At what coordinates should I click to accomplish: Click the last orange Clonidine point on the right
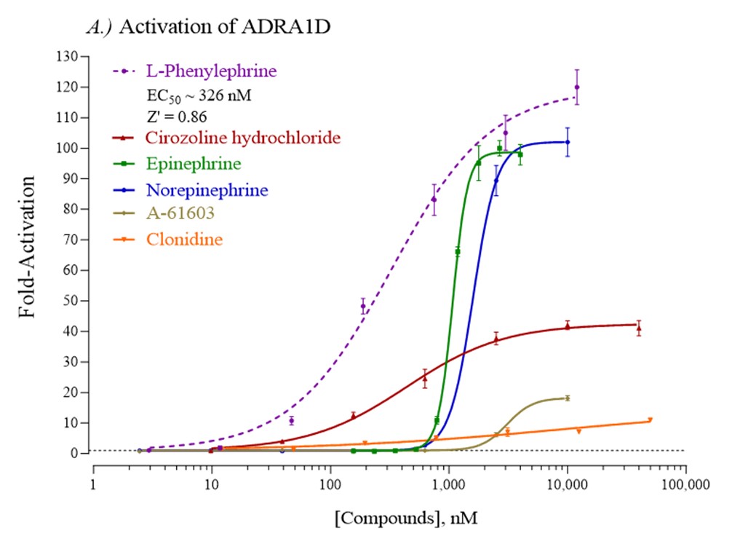650,419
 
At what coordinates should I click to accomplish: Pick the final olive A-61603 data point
567,398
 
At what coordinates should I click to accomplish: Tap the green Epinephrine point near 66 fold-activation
458,251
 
